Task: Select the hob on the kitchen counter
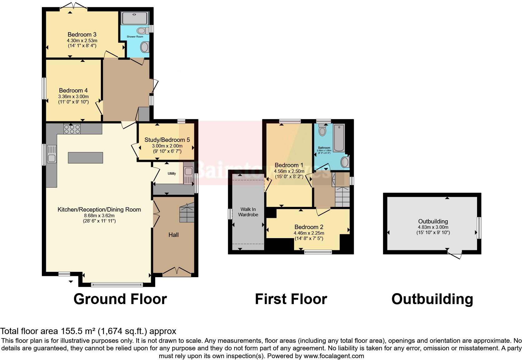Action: (72, 129)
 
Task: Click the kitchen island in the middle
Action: (86, 157)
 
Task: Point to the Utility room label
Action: (172, 173)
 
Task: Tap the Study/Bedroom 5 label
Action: (167, 140)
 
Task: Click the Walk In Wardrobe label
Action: (248, 212)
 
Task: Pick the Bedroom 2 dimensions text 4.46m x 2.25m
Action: (309, 233)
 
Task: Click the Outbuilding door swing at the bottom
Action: (455, 254)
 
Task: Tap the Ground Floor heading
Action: (120, 299)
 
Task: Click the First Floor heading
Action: (291, 299)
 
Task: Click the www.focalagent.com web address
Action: (333, 356)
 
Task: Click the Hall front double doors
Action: (177, 271)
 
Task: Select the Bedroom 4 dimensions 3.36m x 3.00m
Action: (73, 97)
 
